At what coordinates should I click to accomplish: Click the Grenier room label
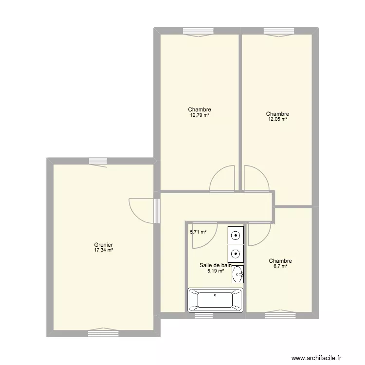[x=104, y=245]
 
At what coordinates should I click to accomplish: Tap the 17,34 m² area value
[x=104, y=250]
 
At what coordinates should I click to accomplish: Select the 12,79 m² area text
[x=200, y=115]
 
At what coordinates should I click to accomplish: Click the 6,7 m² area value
[x=280, y=266]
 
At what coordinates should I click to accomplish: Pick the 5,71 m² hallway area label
[x=198, y=232]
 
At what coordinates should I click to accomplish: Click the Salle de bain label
[x=215, y=265]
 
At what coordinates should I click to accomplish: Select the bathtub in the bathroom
[x=215, y=300]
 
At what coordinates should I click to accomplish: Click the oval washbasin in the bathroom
[x=238, y=274]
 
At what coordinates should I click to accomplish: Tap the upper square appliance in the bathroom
[x=236, y=236]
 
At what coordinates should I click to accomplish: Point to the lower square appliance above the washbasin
[x=236, y=253]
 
